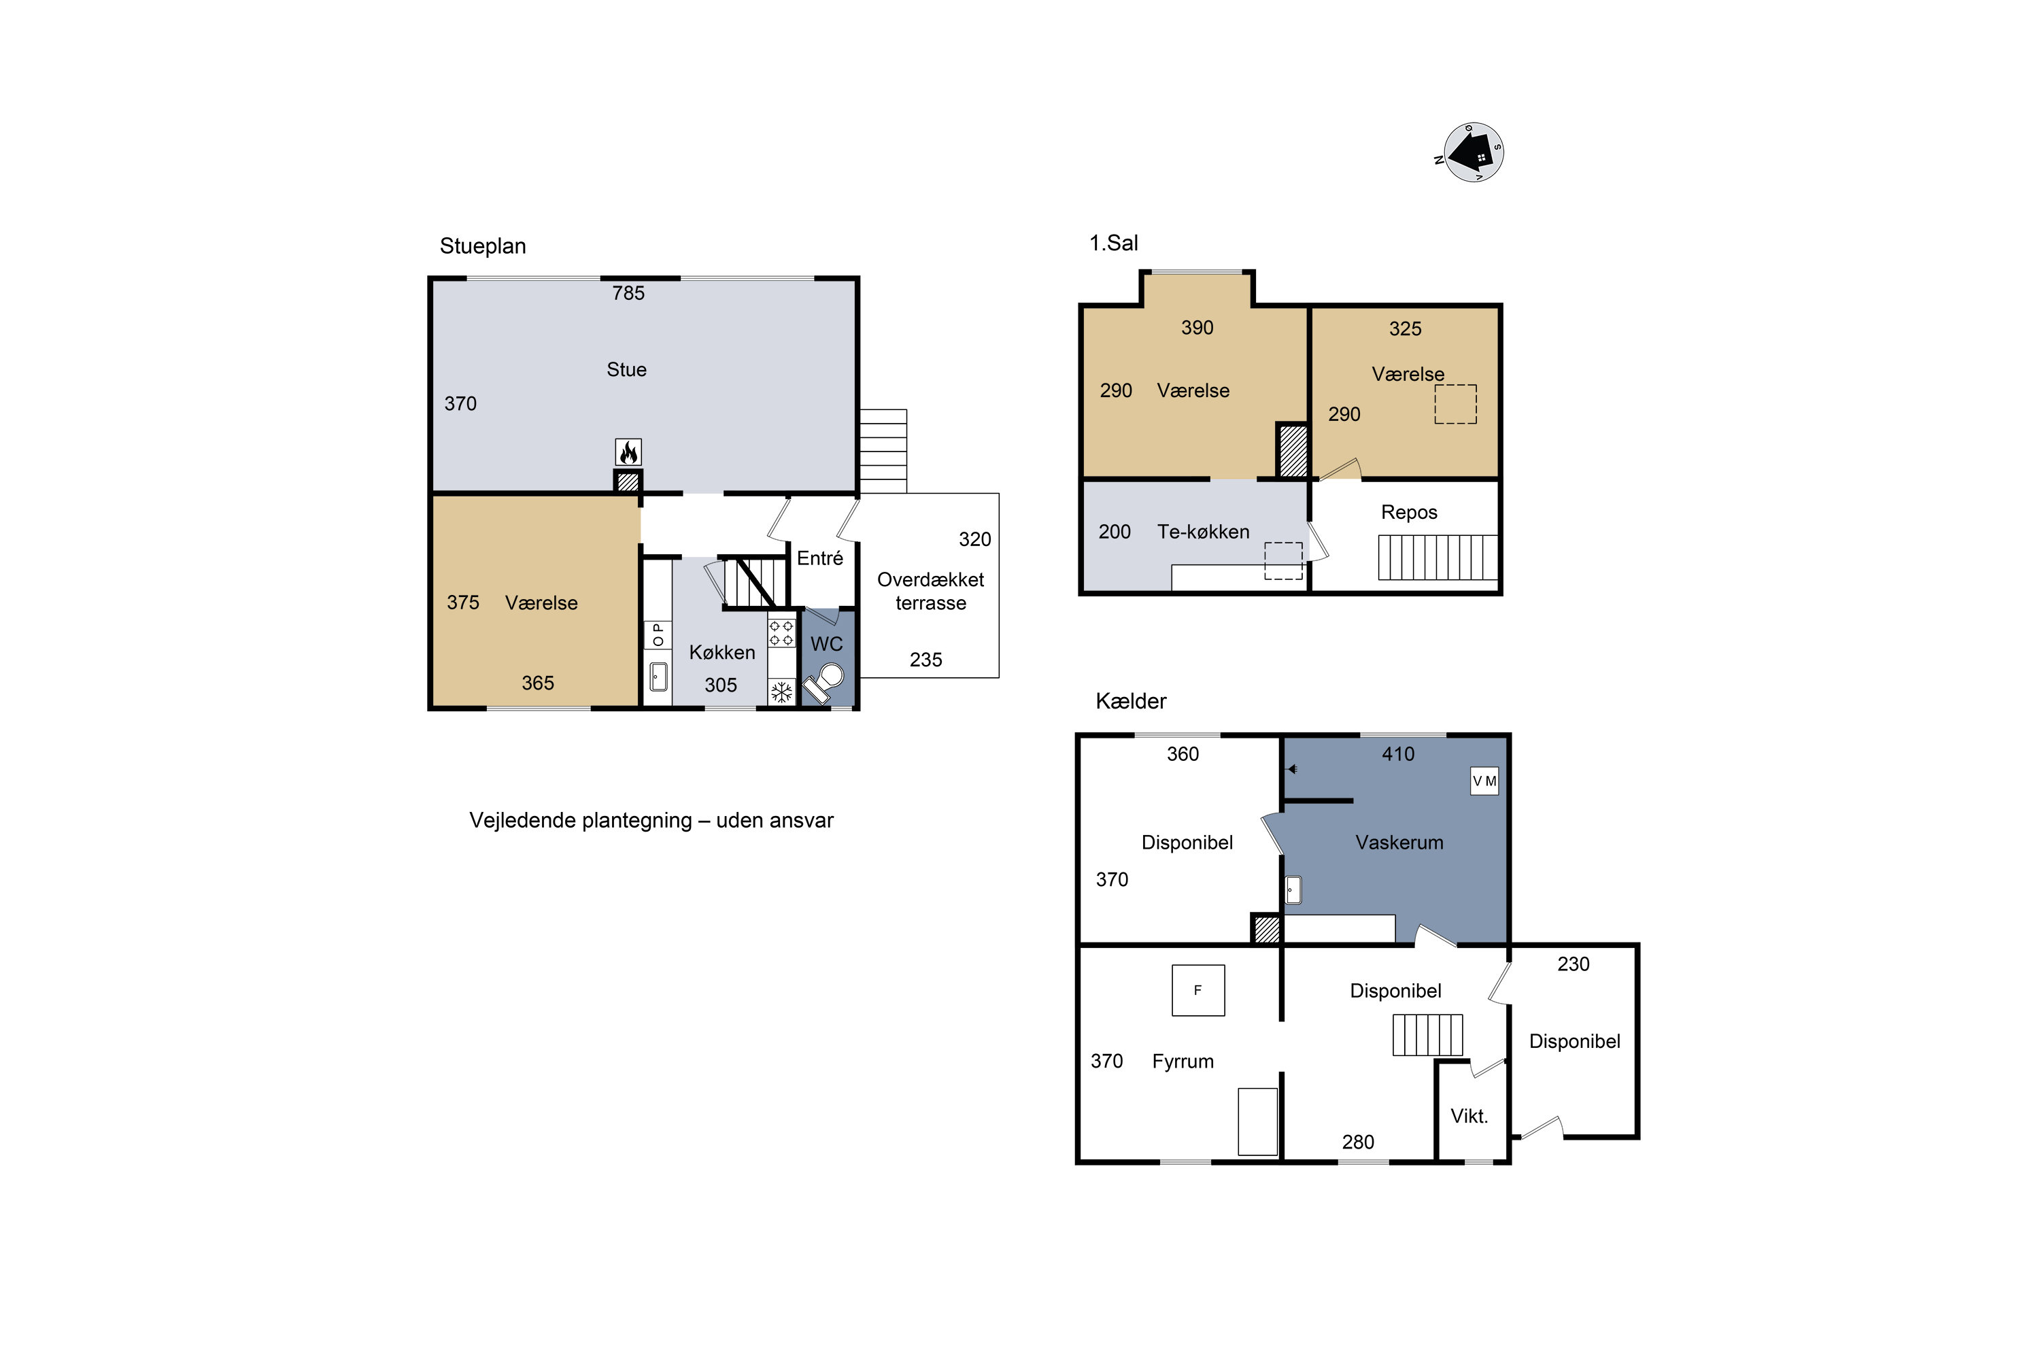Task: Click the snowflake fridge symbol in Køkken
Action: coord(781,692)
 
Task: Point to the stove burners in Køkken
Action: coord(781,633)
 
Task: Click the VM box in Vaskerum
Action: coord(1484,781)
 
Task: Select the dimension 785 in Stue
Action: coord(628,293)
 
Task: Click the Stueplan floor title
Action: coord(483,246)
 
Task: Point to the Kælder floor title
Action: coord(1131,701)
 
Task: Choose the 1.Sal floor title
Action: coord(1114,243)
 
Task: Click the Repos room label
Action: coord(1408,513)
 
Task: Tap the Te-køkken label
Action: coord(1203,532)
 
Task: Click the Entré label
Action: coord(819,558)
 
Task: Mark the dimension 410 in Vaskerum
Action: coord(1397,755)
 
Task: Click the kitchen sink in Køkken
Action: coord(658,677)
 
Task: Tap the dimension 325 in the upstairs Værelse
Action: coord(1405,328)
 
